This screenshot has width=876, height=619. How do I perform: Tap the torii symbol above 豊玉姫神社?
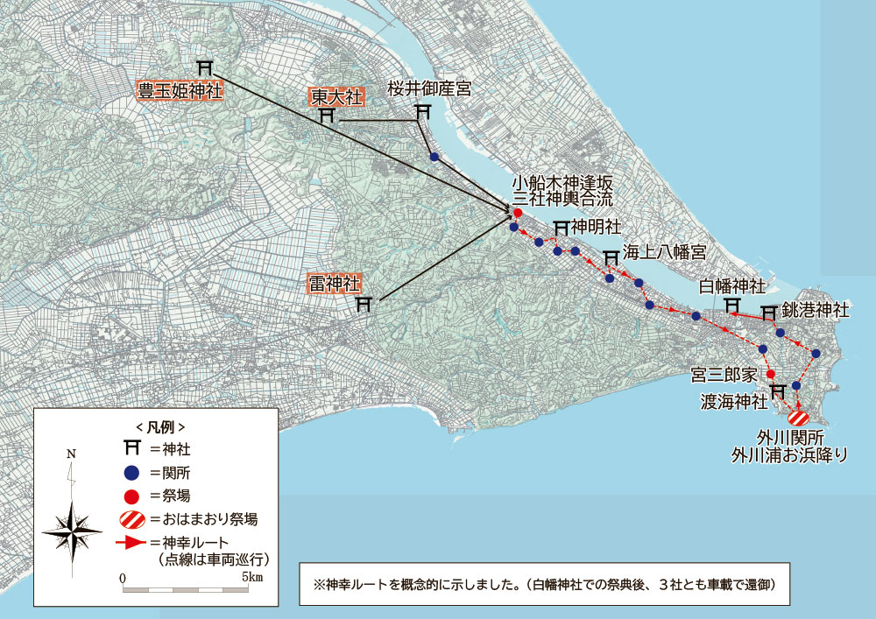tap(205, 67)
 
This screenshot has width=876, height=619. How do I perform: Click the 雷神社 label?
tap(334, 285)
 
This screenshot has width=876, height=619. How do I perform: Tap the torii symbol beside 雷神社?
tap(365, 304)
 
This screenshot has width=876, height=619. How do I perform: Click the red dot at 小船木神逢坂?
tap(518, 213)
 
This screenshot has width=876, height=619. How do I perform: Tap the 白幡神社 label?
tap(732, 286)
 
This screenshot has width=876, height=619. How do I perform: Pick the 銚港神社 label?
tap(816, 311)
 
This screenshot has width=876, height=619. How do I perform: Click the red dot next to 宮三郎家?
tap(770, 374)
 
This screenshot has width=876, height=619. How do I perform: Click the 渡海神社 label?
tap(733, 402)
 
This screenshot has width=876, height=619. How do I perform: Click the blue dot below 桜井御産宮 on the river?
tap(434, 157)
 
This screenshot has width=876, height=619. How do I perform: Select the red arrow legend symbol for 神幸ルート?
tap(131, 544)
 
